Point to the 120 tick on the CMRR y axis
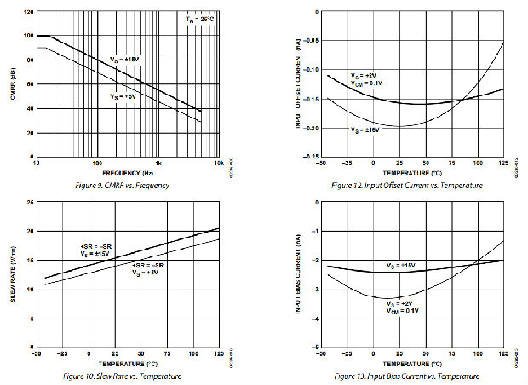pos(29,13)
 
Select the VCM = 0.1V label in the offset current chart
pos(366,83)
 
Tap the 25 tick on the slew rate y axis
pos(30,203)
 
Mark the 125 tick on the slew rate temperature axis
pos(218,354)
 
